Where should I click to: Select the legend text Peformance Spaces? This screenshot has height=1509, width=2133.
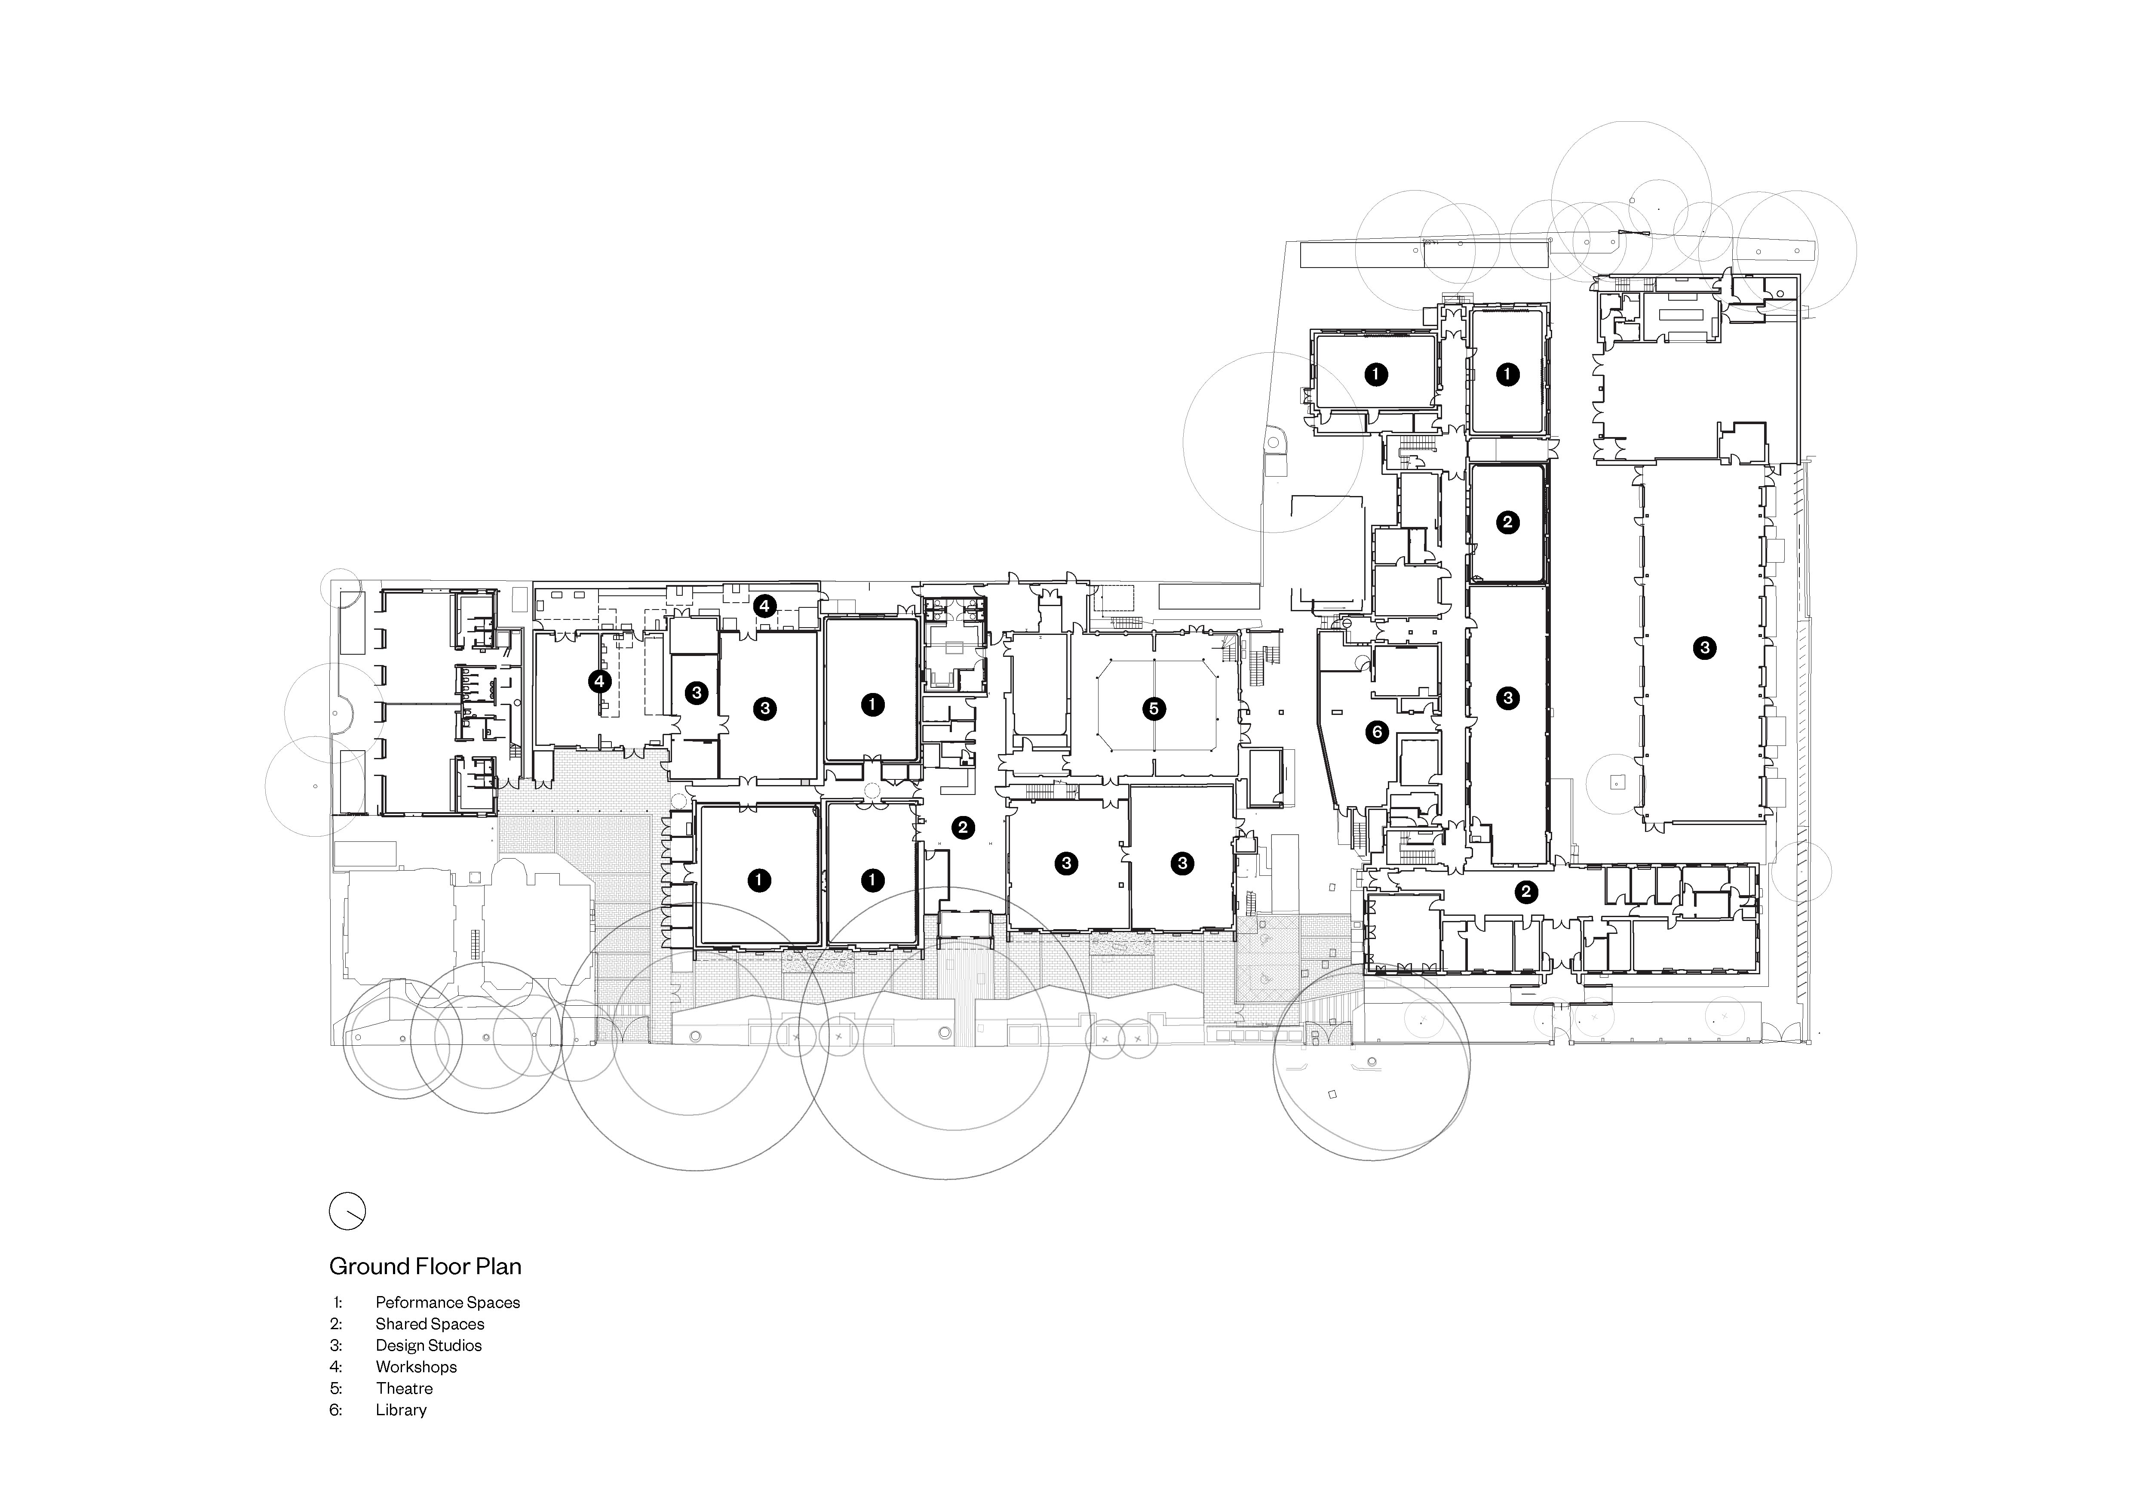point(448,1303)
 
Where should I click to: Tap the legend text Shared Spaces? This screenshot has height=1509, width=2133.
point(430,1324)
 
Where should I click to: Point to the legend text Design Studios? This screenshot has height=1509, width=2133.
point(428,1346)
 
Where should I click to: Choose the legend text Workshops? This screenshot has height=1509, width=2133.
point(416,1367)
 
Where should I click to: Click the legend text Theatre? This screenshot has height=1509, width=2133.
point(404,1388)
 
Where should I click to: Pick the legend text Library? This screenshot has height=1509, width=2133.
point(401,1410)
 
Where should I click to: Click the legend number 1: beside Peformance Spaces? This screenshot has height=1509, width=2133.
point(337,1303)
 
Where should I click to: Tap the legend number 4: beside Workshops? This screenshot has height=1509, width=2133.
point(336,1367)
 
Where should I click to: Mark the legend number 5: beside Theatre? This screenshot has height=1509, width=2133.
point(336,1388)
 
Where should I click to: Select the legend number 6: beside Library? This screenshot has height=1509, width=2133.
point(336,1410)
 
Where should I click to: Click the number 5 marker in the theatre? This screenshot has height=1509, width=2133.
point(1154,709)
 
